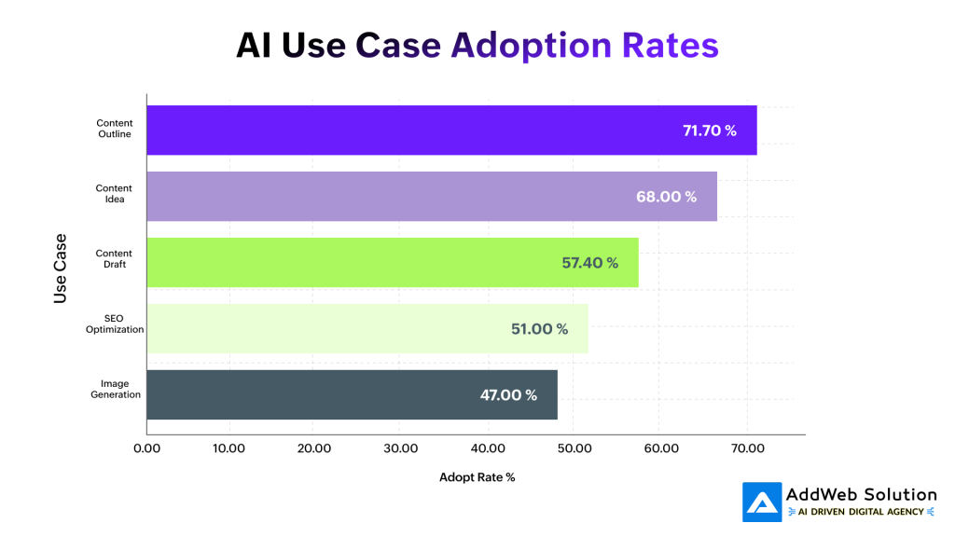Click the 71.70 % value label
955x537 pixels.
pos(710,131)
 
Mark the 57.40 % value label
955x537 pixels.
pos(589,263)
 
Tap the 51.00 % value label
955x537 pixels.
pos(539,329)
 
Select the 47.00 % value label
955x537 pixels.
pos(508,395)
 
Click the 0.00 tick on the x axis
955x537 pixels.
pos(147,448)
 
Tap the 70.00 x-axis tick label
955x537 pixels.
pos(747,448)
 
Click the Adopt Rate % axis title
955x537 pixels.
pos(477,477)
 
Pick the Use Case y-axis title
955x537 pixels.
pos(61,268)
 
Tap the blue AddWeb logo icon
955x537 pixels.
pos(761,502)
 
